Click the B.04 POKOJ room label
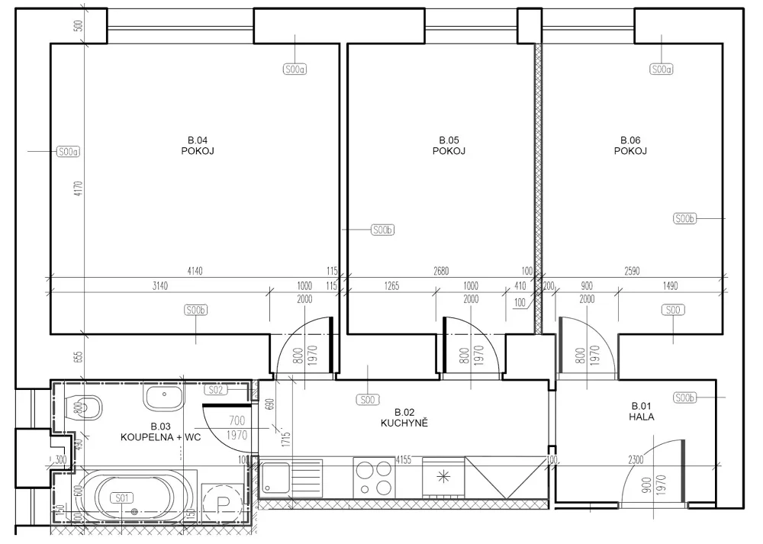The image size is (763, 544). pos(198,146)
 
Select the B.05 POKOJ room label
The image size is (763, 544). pos(449,146)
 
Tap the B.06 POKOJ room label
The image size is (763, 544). pos(630,146)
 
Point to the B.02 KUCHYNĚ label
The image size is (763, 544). pos(404,417)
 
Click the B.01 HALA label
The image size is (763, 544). pos(642,411)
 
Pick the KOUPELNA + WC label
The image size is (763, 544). pos(160,437)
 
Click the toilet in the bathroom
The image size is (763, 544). pos(82,407)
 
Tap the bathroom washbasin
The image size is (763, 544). pos(165,397)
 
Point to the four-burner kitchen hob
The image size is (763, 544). pos(374,478)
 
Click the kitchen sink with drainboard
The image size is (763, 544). pos(291,478)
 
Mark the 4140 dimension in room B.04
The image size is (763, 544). pos(195,271)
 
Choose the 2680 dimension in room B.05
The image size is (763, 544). pos(441,271)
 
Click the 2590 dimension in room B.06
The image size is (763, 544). pos(632,271)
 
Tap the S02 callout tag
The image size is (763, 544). pos(216,390)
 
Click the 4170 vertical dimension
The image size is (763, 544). pos(79,188)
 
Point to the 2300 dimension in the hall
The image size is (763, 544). pos(636,459)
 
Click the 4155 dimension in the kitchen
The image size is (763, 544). pos(404,459)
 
